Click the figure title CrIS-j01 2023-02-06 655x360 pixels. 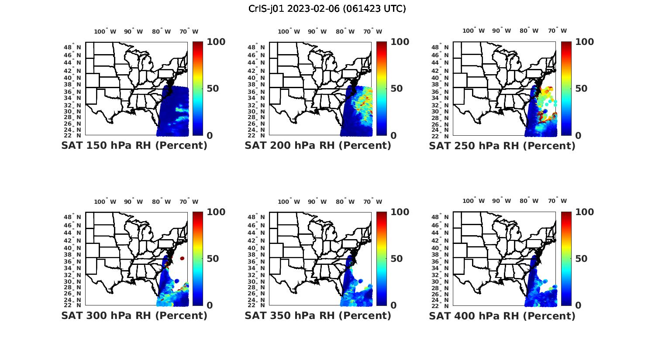pos(327,9)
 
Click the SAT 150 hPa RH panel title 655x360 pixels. pos(134,146)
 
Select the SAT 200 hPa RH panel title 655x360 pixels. pos(318,146)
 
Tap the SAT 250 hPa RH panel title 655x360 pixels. pos(502,146)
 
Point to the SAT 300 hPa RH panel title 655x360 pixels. pos(134,315)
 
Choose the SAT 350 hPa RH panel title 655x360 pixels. pos(318,315)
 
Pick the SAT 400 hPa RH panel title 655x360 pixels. pos(502,315)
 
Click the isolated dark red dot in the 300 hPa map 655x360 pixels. pos(182,258)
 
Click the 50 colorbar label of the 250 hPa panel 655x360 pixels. pos(581,89)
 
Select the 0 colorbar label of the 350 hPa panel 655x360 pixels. pos(393,305)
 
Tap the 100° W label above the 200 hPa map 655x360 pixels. pos(289,31)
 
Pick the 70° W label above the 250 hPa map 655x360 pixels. pos(557,31)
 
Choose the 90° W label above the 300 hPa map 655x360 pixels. pos(133,202)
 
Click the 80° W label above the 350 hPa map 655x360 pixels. pos(345,202)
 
